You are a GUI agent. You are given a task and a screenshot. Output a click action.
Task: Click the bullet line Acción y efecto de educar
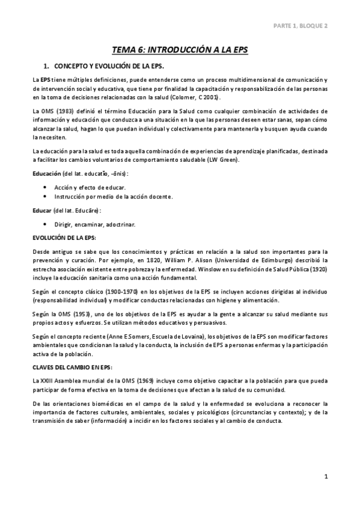(x=87, y=188)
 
